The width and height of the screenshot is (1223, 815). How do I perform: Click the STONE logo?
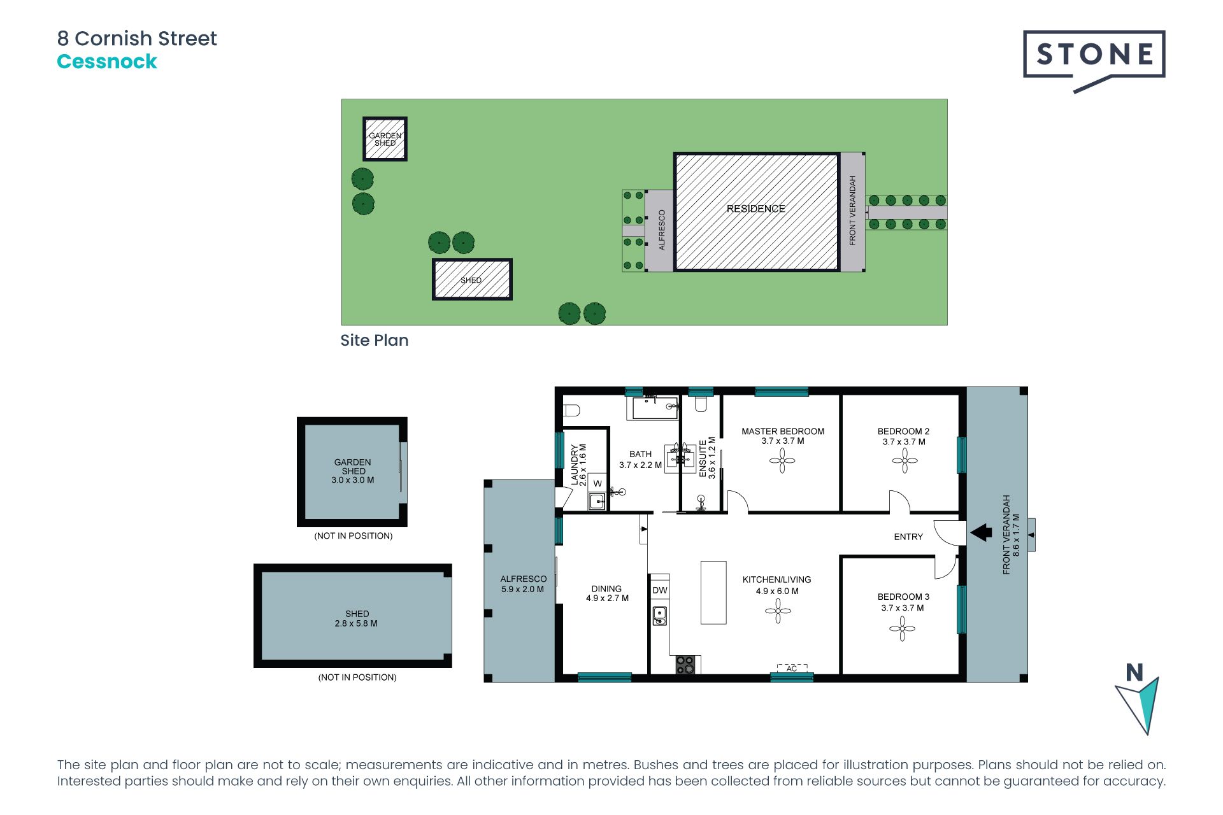(x=1094, y=55)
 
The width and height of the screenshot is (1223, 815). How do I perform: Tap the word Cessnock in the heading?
(x=107, y=62)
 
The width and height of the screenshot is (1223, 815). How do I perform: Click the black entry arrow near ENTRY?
(x=981, y=532)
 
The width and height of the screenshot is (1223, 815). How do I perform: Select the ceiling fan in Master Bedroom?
(x=782, y=460)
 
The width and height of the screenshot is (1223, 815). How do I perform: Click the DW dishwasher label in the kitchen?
(x=660, y=590)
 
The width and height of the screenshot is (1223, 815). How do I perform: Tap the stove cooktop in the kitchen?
(x=685, y=665)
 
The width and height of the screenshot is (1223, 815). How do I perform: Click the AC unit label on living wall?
(x=792, y=669)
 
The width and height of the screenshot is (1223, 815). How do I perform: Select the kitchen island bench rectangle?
(x=713, y=592)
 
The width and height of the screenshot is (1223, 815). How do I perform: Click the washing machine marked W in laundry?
(x=597, y=484)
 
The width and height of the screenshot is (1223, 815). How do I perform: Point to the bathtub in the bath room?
(x=654, y=407)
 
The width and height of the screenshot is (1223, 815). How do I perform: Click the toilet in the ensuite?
(x=701, y=404)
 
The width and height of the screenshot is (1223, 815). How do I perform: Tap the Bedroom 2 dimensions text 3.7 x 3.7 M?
(x=904, y=442)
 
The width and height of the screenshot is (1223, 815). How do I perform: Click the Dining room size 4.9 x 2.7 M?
(x=607, y=599)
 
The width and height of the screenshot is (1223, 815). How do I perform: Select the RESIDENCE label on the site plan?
(x=755, y=209)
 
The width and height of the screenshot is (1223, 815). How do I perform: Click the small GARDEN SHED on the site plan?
(x=385, y=139)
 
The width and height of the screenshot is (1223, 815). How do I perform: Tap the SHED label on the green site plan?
(x=471, y=280)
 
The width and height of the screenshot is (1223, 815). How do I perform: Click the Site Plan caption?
(x=375, y=340)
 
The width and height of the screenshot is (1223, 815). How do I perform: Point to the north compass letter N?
(x=1134, y=672)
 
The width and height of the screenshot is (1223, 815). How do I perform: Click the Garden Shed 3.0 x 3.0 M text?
(x=352, y=480)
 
